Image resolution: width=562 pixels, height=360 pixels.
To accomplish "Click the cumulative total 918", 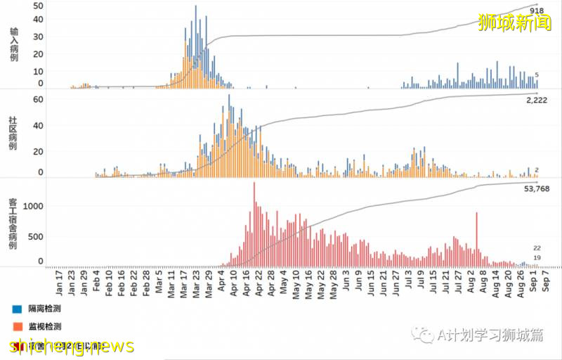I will [x=537, y=11].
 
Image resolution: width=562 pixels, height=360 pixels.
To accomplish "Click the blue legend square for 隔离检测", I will [x=17, y=309].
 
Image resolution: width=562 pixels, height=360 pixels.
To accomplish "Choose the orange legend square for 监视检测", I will [x=17, y=327].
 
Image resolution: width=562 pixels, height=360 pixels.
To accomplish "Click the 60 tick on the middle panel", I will [x=39, y=99].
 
